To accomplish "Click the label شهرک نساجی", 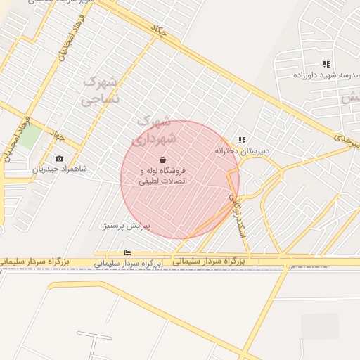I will click(101, 90).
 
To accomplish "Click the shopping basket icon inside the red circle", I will click(163, 160).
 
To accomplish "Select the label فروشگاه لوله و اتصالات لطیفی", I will click(165, 176).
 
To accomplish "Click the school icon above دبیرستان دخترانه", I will click(242, 141).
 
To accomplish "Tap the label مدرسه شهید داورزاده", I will click(326, 75).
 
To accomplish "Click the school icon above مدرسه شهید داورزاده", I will click(326, 64).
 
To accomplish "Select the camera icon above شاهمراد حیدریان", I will click(59, 159).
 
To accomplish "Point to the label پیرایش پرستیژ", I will click(127, 226).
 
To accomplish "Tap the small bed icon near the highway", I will click(127, 252).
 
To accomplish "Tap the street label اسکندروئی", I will click(238, 214).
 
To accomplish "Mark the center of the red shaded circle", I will click(179, 179).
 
